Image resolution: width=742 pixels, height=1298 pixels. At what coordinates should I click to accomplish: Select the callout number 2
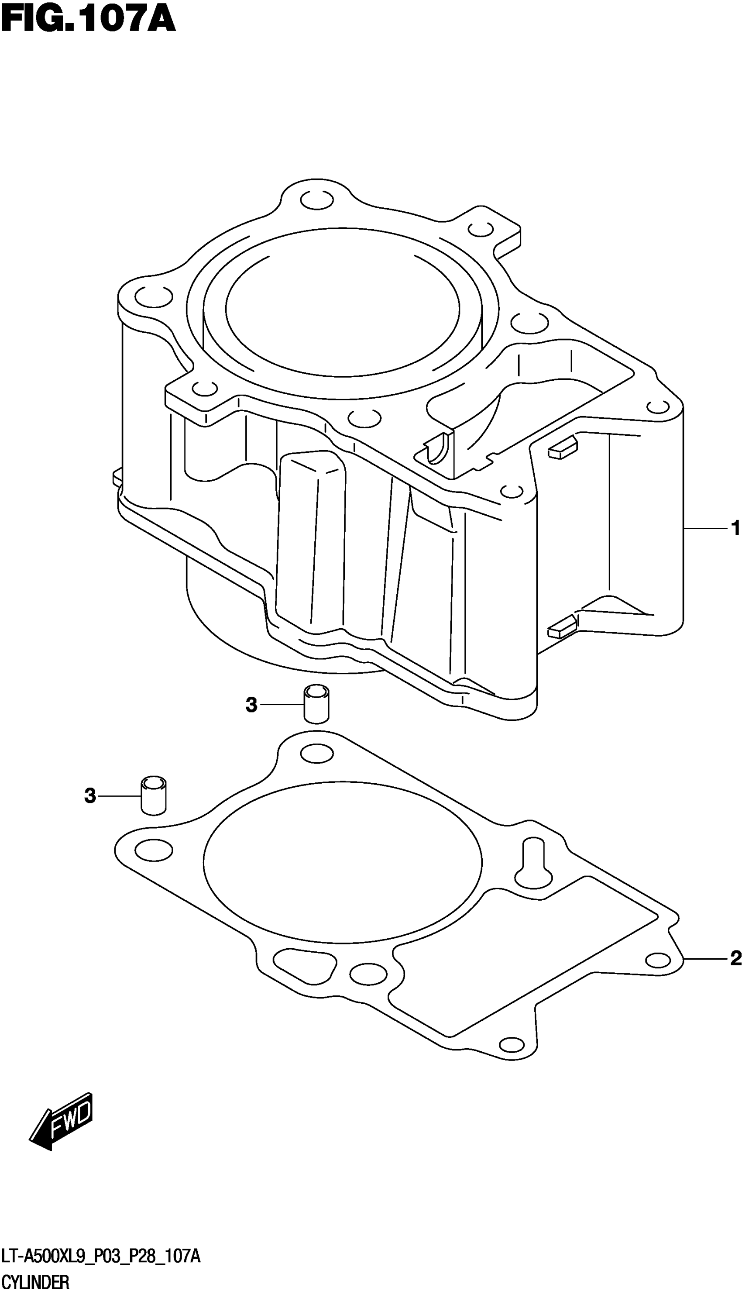pos(735,959)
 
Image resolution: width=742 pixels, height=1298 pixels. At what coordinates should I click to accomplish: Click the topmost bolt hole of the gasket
pos(317,754)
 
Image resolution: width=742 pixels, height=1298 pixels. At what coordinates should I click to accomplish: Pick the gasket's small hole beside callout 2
pos(657,961)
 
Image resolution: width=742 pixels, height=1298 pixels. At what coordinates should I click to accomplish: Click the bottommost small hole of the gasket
pos(512,1044)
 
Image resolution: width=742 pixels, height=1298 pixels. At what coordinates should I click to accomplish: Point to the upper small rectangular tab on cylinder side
pos(562,450)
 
